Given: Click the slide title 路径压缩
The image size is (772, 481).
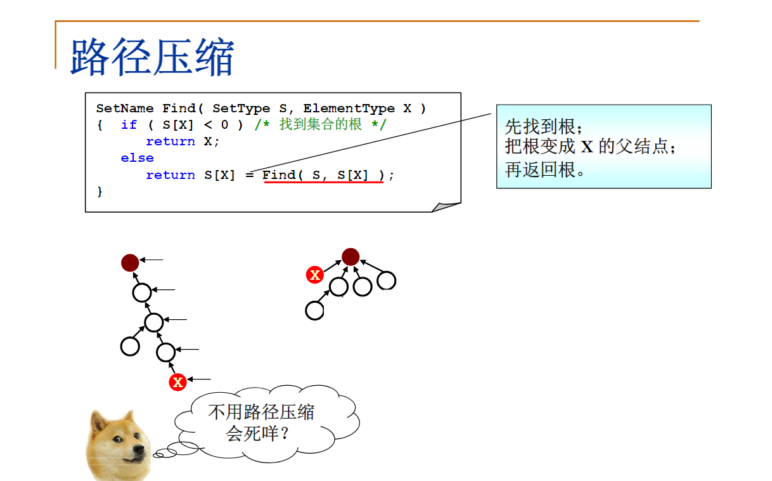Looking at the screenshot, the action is pos(152,57).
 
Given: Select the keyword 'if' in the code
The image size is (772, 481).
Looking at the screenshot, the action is pos(129,124).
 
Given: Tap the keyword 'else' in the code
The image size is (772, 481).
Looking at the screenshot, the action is pos(137,158).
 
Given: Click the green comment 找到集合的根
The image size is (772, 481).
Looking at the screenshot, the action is pos(321,124).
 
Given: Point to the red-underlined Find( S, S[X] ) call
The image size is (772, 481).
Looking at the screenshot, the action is pos(323,175).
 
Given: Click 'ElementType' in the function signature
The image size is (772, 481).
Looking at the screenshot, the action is pos(349,109).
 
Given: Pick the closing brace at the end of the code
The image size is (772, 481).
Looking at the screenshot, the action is pos(100,192).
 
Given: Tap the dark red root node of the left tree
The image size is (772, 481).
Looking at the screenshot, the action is pos(130,263).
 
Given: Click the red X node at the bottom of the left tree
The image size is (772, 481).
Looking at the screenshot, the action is pos(178,382).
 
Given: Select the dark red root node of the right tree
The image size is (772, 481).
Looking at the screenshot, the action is pos(351,257).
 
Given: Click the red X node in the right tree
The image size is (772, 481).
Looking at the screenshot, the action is pos(314,275).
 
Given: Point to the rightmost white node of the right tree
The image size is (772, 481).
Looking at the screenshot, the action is pos(387,280).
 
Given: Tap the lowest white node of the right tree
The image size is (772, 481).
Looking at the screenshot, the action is pos(314,310).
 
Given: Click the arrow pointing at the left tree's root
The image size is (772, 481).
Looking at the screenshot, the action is pos(151,260).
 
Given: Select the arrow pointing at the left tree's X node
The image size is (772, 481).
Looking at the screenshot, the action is pos(199,379).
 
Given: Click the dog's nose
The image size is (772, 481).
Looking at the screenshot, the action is pos(139,449).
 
